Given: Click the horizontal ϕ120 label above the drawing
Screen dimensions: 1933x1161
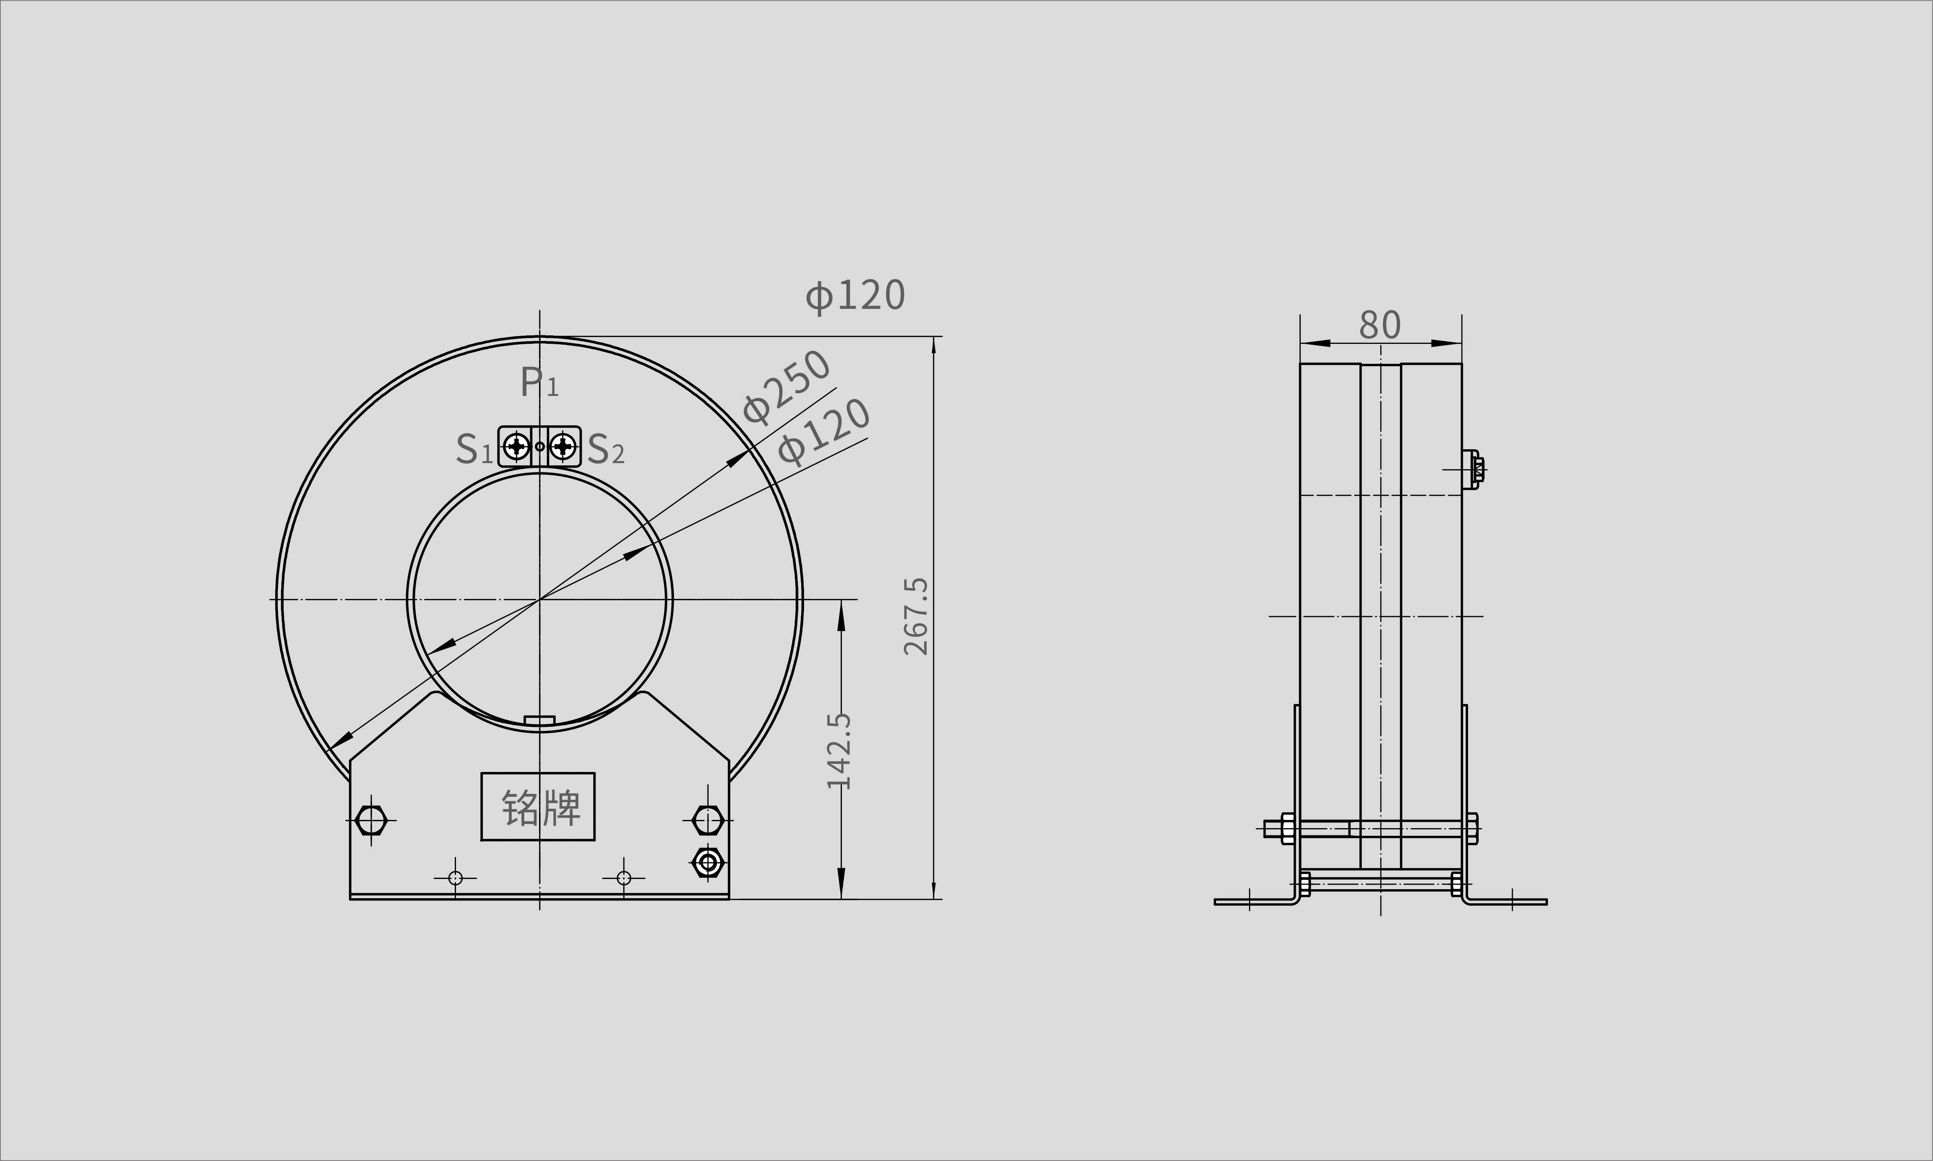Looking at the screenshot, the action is coord(855,296).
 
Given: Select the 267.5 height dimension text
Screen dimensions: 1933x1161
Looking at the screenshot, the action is coord(916,617).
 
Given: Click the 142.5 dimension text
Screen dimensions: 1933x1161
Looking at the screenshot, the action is coord(839,751).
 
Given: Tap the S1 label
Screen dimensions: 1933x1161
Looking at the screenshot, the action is coord(474,449).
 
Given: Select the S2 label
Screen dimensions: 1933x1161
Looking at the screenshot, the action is coord(606,449).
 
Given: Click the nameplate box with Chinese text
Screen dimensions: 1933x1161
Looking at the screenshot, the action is coord(538,807).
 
